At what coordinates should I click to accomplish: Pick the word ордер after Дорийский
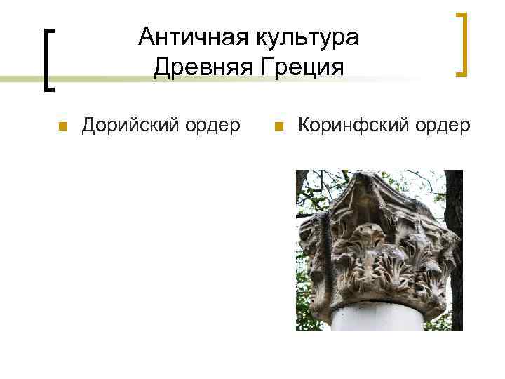click(x=212, y=127)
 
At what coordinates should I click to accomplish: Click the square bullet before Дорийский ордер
click(x=62, y=127)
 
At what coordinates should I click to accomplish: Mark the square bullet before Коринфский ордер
click(x=278, y=127)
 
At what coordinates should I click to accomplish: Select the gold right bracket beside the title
click(x=462, y=43)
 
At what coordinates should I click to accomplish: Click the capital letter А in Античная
click(x=146, y=36)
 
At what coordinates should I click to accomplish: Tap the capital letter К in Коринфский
click(x=304, y=126)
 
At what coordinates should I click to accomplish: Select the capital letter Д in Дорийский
click(x=90, y=126)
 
